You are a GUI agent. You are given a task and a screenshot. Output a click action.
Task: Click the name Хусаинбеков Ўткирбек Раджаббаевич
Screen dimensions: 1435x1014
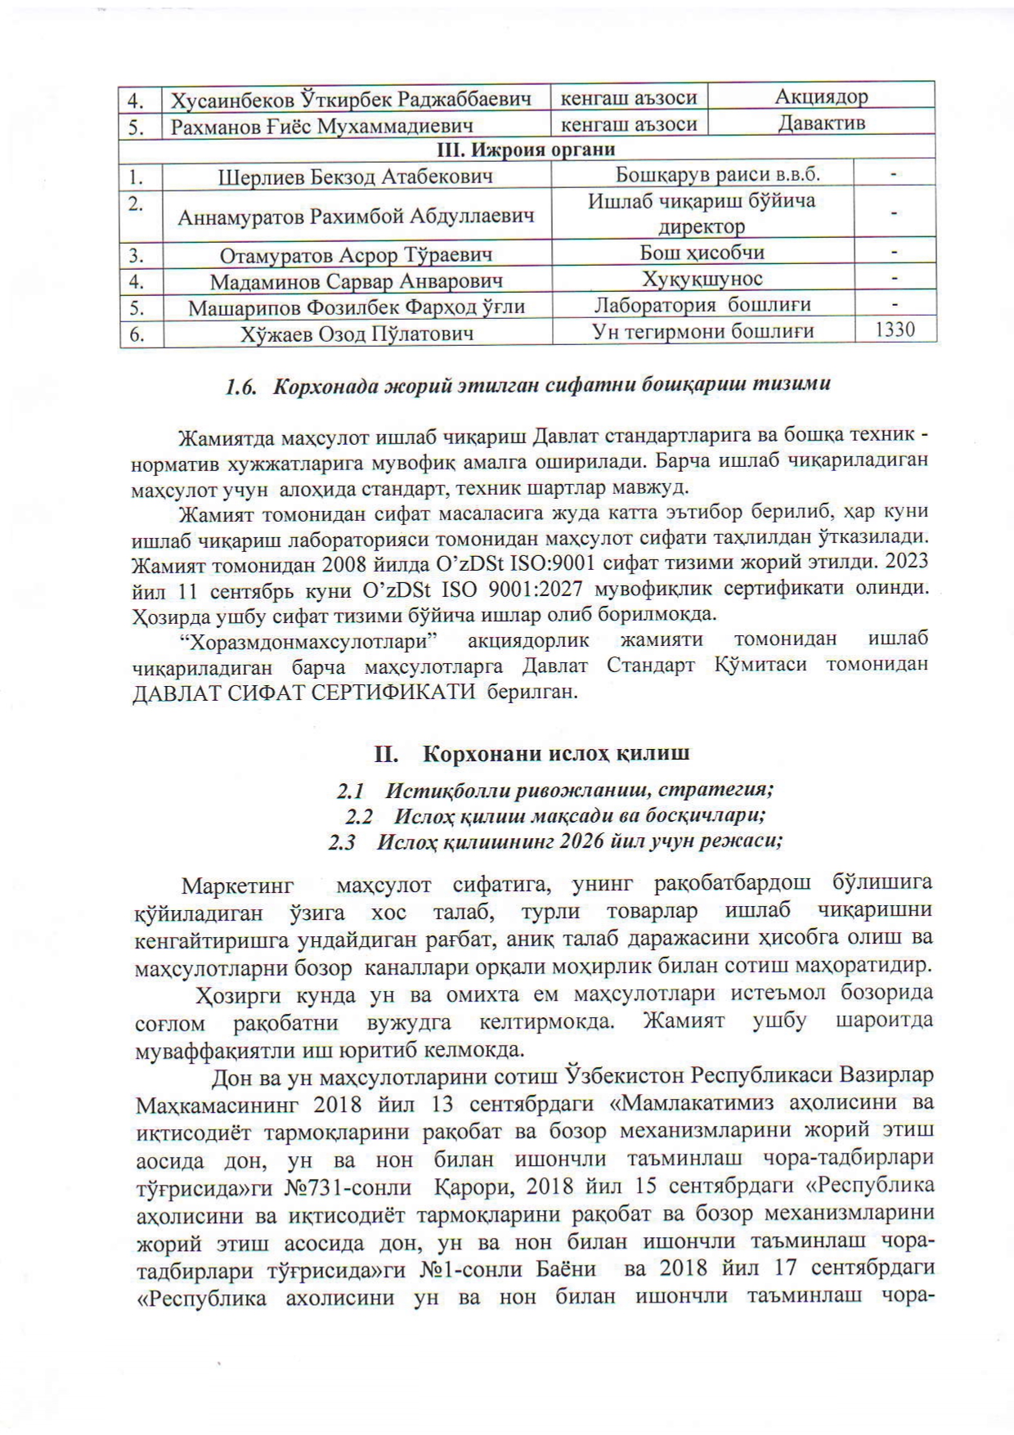[351, 100]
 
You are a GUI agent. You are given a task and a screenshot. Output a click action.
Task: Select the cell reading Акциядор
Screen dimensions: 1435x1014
[821, 96]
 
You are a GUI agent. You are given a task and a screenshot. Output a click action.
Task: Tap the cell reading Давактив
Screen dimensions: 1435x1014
[821, 123]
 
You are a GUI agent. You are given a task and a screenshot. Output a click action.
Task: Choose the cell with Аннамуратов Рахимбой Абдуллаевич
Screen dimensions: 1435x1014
[356, 217]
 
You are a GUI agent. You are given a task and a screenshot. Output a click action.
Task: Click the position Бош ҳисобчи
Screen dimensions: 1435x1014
[702, 253]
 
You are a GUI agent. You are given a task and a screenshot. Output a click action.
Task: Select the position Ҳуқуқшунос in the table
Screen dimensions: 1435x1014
[702, 280]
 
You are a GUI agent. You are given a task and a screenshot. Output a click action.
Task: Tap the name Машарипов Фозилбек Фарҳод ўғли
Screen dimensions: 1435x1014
[356, 308]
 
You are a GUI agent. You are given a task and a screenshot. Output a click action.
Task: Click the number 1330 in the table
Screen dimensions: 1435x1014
[894, 330]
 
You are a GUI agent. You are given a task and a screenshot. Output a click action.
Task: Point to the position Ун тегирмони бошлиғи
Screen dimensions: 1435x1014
[702, 331]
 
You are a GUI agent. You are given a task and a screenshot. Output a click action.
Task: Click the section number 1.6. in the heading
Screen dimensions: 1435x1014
[243, 385]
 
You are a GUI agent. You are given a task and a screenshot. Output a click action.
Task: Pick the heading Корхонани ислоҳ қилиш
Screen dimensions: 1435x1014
[555, 753]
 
